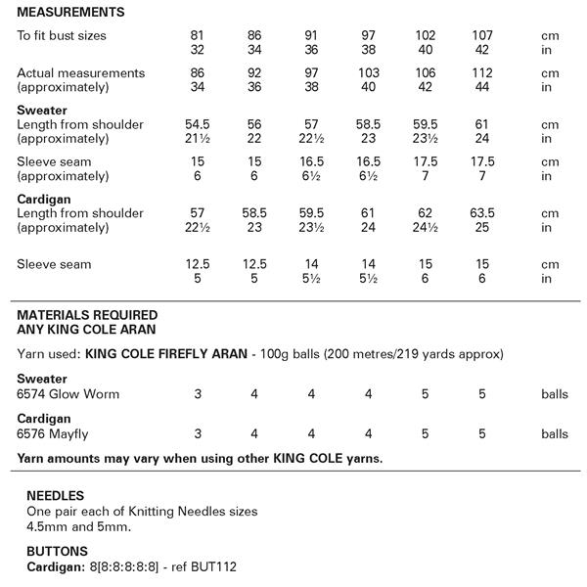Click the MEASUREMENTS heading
70,13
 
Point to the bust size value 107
482,35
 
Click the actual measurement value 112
482,73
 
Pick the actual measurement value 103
369,73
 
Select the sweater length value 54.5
200,125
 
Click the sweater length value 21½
200,139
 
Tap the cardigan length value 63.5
482,213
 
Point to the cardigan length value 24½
426,227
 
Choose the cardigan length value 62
426,213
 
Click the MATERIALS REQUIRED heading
88,316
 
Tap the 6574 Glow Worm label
68,394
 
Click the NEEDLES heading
55,496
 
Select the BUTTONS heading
57,551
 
